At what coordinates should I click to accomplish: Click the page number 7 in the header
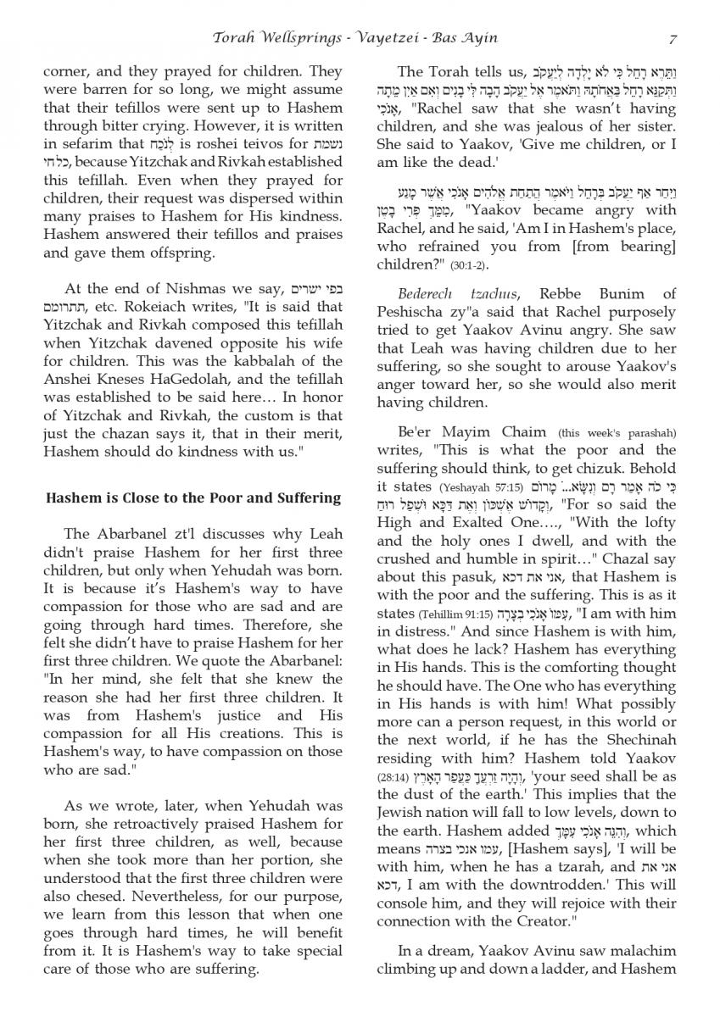[672, 38]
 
